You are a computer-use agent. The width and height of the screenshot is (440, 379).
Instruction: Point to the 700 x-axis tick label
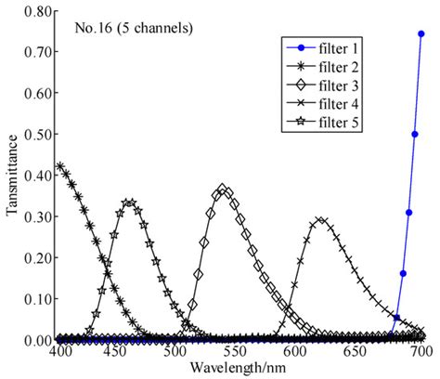[420, 353]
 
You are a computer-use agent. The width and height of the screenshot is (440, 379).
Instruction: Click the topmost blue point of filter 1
[421, 33]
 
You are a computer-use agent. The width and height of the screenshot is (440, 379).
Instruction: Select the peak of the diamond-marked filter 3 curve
[223, 190]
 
